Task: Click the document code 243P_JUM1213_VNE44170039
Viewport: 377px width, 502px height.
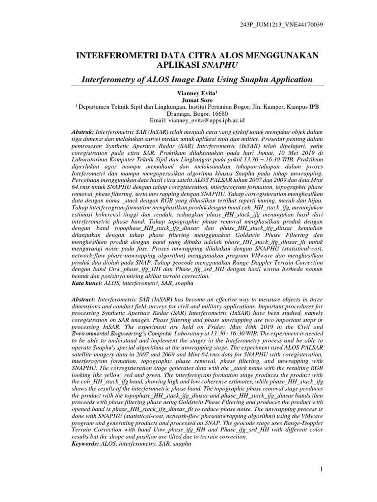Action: [281, 24]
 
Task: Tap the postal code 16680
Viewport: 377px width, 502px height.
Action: [225, 112]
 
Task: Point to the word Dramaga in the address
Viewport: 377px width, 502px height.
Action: [171, 112]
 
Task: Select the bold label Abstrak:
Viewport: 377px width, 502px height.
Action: [82, 133]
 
